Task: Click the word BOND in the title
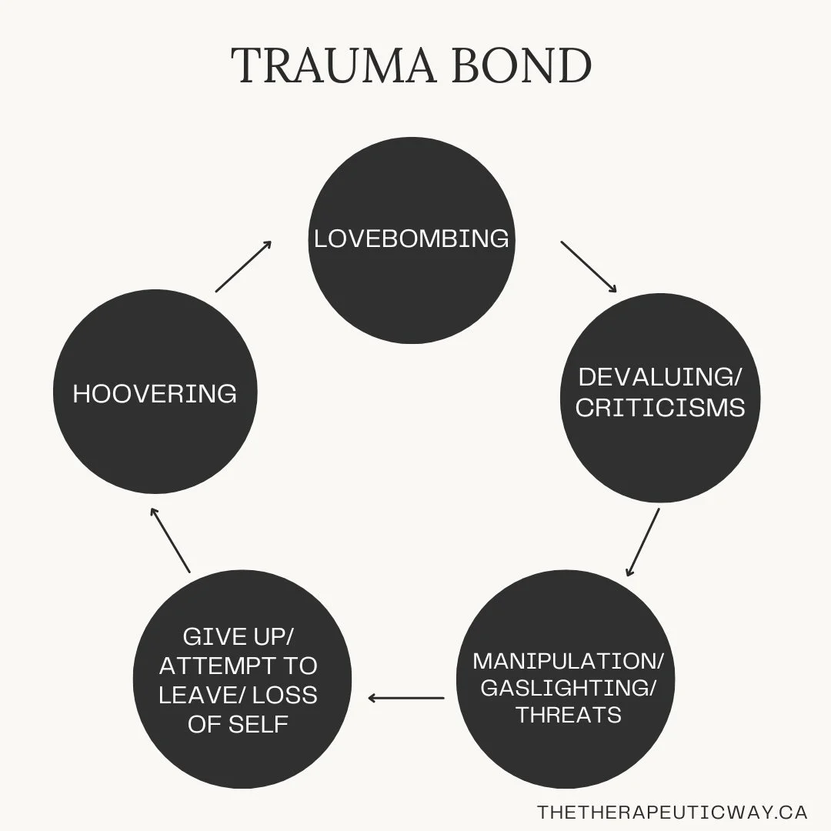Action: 524,66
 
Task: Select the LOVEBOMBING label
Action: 412,239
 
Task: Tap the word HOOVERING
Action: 155,394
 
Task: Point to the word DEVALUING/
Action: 659,377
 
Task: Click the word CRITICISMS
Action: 659,408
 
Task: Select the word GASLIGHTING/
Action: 569,688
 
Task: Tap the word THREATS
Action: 569,715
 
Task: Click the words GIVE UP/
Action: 238,637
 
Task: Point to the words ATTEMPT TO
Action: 238,666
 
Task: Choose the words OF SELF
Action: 238,724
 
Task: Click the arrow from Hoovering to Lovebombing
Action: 243,266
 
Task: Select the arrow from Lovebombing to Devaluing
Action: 589,267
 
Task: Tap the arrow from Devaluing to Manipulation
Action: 643,542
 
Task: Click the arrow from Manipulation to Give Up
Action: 405,698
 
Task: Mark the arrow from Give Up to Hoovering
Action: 170,539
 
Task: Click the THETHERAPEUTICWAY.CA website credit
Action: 672,813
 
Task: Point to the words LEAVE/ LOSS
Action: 238,695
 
